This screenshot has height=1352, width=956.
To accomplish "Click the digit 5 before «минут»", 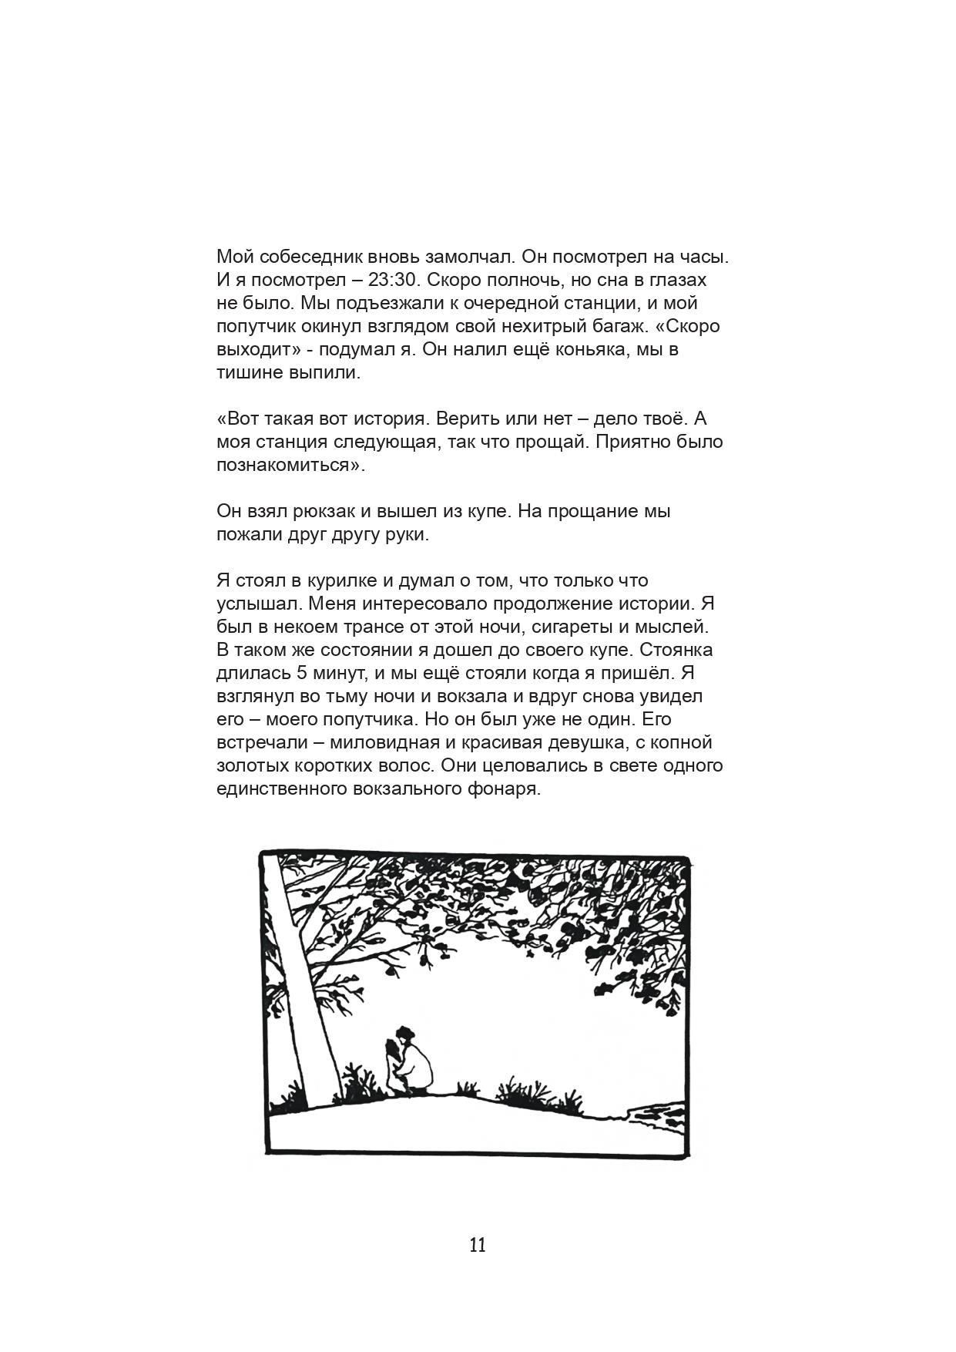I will (301, 674).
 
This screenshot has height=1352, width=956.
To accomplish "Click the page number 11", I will (478, 1245).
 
